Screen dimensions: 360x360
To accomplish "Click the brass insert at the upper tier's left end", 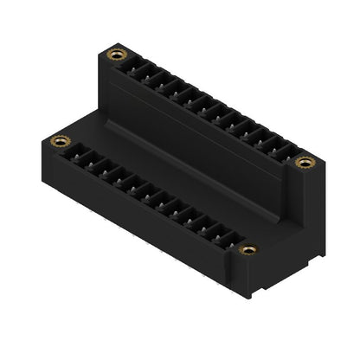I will pos(112,57).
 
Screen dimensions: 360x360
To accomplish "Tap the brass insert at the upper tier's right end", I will pos(304,163).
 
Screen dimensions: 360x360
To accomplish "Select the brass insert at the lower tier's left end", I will pos(60,140).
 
